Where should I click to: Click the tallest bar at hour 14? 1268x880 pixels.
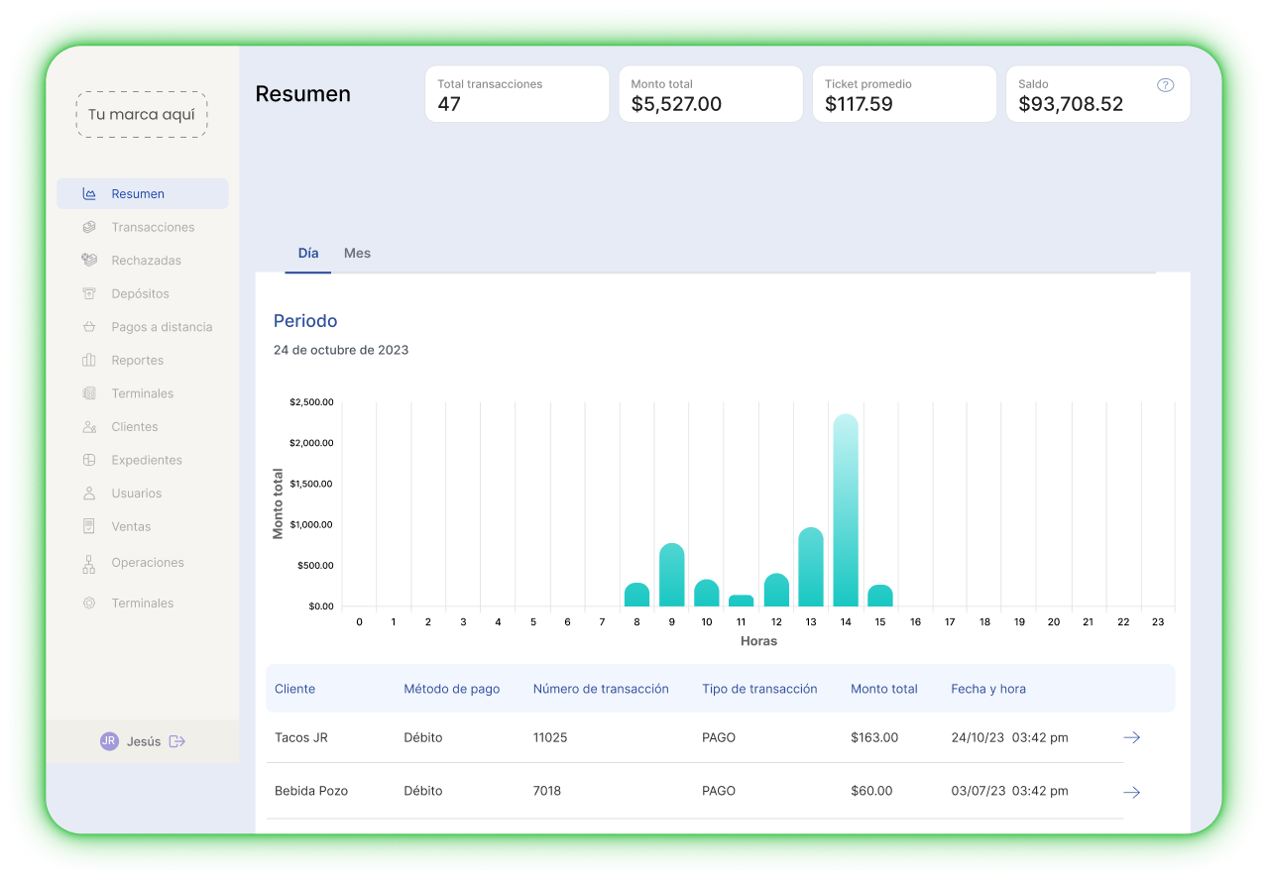tap(846, 510)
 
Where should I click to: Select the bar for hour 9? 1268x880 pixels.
tap(672, 575)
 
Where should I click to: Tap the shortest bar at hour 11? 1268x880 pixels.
tap(742, 601)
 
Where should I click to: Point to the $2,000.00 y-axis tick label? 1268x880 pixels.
tap(311, 443)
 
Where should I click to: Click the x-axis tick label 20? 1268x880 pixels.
tap(1053, 622)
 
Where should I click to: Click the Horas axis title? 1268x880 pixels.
tap(758, 641)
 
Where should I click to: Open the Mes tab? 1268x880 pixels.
tap(357, 254)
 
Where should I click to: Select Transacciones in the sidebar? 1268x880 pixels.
tap(153, 227)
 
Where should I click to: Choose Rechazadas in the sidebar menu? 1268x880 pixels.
tap(146, 261)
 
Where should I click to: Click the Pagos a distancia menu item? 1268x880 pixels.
tap(162, 327)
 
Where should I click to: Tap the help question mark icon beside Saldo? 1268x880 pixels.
tap(1166, 85)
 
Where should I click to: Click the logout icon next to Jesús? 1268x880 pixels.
tap(177, 741)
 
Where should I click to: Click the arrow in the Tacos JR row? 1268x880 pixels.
tap(1131, 738)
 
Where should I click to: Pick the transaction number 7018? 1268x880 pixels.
tap(547, 791)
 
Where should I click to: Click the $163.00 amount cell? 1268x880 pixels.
tap(874, 738)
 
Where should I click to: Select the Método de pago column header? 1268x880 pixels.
tap(452, 689)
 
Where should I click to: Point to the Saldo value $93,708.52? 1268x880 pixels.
tap(1071, 104)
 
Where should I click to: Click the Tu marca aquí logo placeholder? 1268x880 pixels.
tap(142, 115)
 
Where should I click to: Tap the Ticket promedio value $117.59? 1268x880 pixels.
tap(859, 104)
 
